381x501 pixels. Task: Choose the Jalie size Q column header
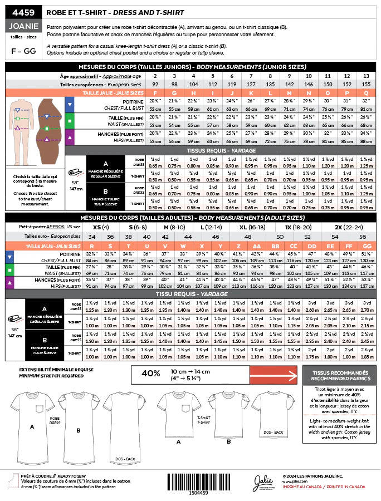[x=365, y=92]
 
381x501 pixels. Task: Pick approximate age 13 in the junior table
[x=365, y=76]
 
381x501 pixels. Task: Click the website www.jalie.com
[x=295, y=482]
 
